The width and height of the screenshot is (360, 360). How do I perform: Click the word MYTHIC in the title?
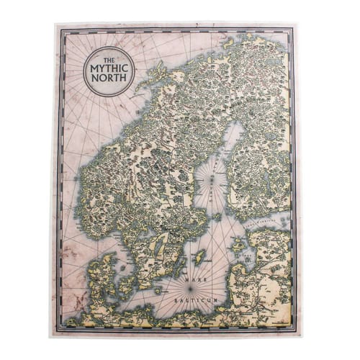[x=107, y=71]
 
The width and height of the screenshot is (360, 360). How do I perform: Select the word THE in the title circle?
[x=107, y=60]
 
